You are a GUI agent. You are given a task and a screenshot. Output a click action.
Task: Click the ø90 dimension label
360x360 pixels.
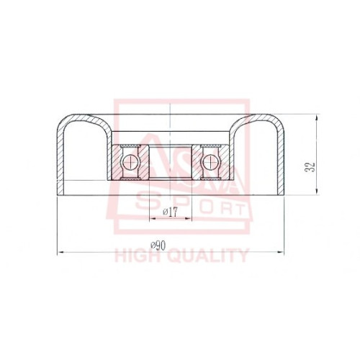(x=158, y=246)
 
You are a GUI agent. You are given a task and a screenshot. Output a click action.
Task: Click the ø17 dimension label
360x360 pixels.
(x=170, y=212)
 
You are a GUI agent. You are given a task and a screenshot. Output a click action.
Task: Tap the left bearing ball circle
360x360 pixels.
(x=130, y=162)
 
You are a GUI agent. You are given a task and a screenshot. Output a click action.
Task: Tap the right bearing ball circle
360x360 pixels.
(x=210, y=162)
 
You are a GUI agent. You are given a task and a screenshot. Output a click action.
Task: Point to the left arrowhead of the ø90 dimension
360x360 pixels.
(x=60, y=252)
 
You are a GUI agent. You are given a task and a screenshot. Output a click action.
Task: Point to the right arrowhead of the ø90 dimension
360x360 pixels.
(x=281, y=252)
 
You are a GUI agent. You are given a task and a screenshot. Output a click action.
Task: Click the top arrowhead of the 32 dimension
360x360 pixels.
(x=317, y=117)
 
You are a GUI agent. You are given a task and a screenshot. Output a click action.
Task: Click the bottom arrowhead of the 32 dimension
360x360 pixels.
(x=317, y=191)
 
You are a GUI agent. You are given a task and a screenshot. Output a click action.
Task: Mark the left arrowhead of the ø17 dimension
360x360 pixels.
(x=153, y=218)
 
